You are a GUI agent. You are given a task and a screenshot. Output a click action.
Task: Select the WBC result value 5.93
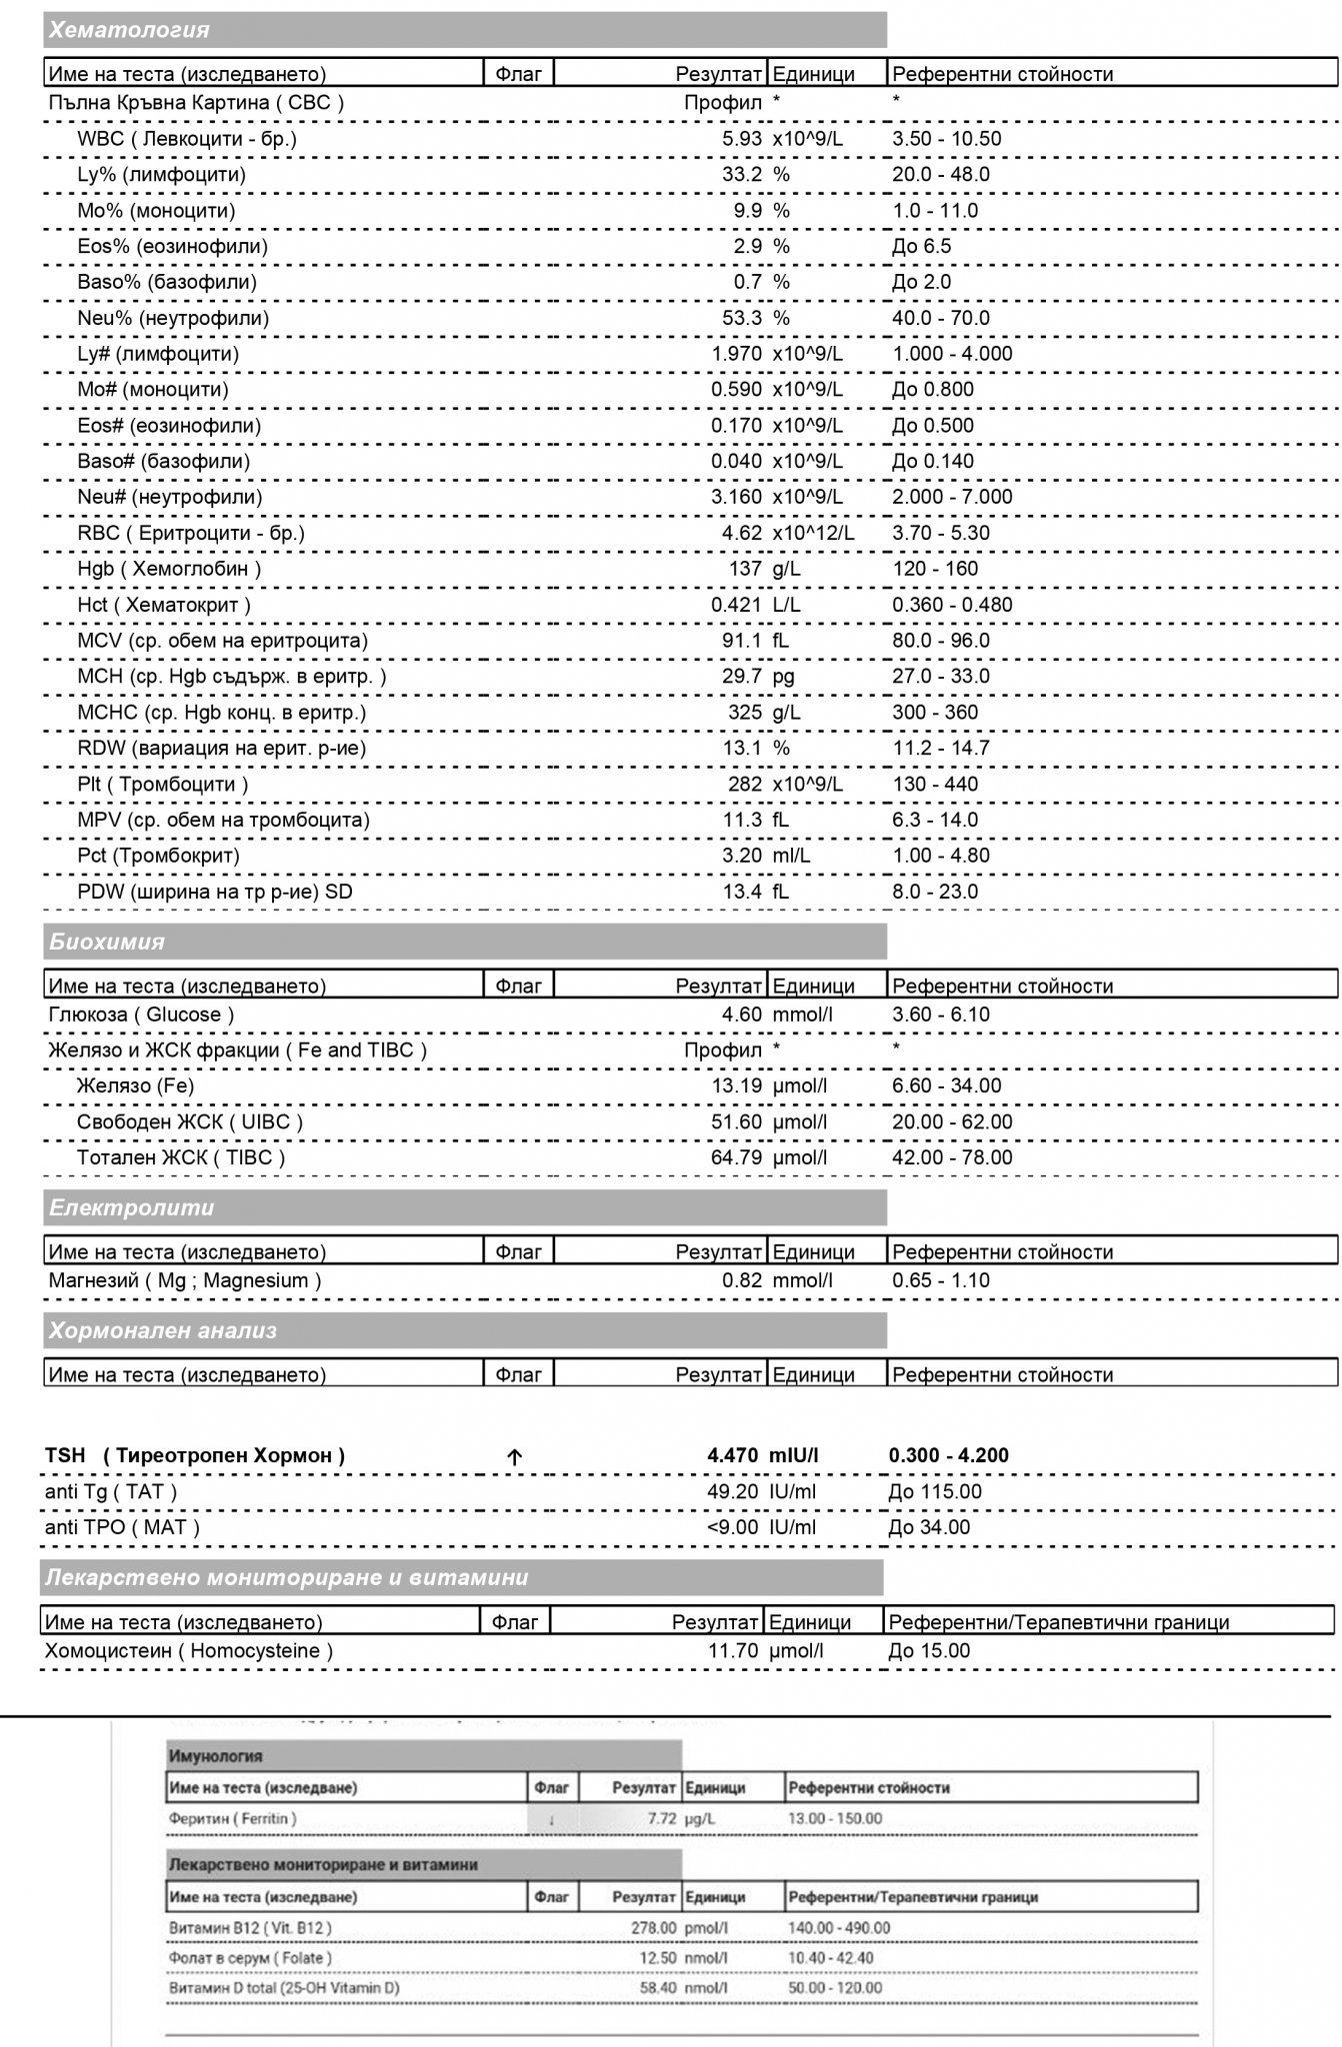(742, 139)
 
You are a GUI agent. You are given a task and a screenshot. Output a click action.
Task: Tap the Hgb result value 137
(745, 569)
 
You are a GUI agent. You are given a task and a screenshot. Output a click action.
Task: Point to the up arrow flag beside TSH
(514, 1457)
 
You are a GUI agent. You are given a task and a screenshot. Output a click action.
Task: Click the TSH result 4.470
(733, 1455)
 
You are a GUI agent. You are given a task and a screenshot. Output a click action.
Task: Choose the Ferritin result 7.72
(662, 1818)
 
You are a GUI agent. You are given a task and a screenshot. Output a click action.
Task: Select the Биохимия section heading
(107, 942)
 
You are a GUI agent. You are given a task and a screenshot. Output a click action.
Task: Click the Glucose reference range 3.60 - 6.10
(941, 1015)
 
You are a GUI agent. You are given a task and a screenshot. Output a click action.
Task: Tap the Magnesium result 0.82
(742, 1280)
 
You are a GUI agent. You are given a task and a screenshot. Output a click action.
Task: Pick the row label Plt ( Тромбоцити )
(163, 785)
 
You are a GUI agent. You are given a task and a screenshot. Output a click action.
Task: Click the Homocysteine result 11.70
(733, 1650)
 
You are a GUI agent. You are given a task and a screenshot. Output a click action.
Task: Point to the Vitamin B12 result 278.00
(648, 1927)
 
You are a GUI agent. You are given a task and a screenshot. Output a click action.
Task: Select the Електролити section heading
(132, 1207)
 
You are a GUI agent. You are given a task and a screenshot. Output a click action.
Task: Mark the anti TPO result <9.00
(732, 1527)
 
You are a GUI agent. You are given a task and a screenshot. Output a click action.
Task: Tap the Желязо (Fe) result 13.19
(737, 1086)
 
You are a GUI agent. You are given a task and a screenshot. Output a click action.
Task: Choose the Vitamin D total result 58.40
(658, 1987)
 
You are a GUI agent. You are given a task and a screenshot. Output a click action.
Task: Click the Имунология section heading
(216, 1756)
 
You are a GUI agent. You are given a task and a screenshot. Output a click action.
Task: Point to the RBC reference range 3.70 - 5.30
(941, 533)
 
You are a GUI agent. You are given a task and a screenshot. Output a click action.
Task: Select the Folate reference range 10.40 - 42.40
(831, 1957)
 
